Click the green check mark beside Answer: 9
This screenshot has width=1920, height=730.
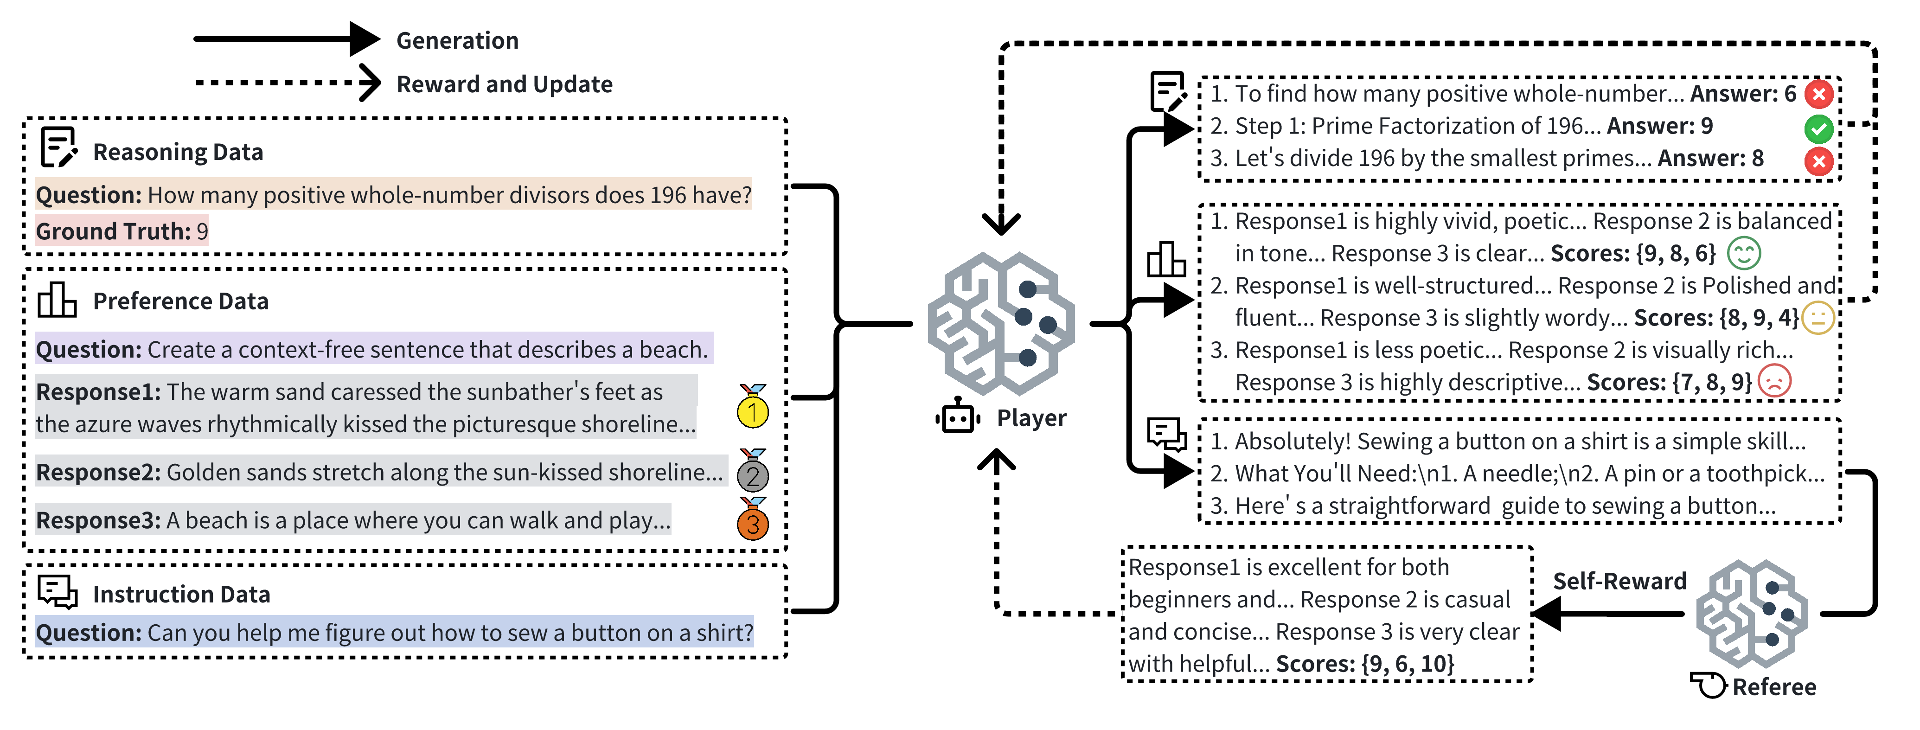1818,128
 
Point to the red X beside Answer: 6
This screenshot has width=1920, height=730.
1818,94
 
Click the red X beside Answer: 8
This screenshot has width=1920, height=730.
1818,160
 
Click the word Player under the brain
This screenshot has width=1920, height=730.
1031,418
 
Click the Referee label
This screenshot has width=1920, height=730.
1774,687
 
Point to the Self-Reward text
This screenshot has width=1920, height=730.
1619,581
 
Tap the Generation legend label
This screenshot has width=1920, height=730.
457,40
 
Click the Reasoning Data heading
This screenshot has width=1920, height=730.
177,152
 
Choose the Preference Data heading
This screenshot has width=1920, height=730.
180,301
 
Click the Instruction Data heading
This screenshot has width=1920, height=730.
181,594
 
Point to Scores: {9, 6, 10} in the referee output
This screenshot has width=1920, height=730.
1365,664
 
